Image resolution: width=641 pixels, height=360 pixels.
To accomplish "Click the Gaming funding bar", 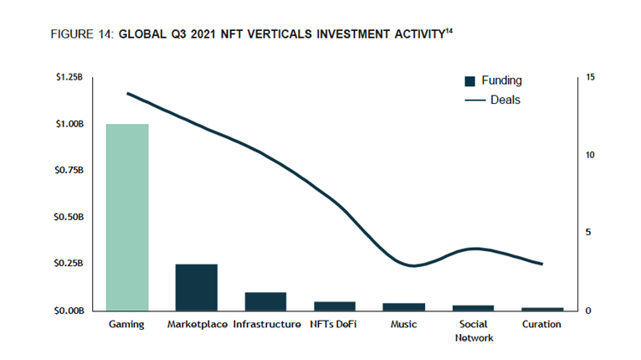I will (127, 217).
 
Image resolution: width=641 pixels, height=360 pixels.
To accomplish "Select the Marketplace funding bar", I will (196, 287).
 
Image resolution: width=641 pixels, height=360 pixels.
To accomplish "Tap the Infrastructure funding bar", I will (265, 301).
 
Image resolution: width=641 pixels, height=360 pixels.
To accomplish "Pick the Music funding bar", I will (403, 306).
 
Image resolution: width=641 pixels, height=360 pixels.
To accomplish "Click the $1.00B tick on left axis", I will (69, 124).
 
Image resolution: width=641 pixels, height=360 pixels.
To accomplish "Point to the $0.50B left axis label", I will (69, 217).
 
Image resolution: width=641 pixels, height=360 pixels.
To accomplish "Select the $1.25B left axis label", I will (69, 77).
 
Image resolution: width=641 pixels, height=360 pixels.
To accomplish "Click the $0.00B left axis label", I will (69, 311).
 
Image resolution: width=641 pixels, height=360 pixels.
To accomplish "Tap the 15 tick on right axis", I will (591, 77).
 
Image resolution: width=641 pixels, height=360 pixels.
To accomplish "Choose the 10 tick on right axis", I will (591, 155).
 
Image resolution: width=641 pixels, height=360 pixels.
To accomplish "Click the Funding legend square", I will (469, 81).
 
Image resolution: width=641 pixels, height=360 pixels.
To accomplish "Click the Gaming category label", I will (127, 324).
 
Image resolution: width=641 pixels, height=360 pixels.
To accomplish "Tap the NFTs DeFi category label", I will (333, 324).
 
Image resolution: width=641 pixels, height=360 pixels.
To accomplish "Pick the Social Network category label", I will (473, 331).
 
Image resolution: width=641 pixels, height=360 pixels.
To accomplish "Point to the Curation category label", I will (541, 324).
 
